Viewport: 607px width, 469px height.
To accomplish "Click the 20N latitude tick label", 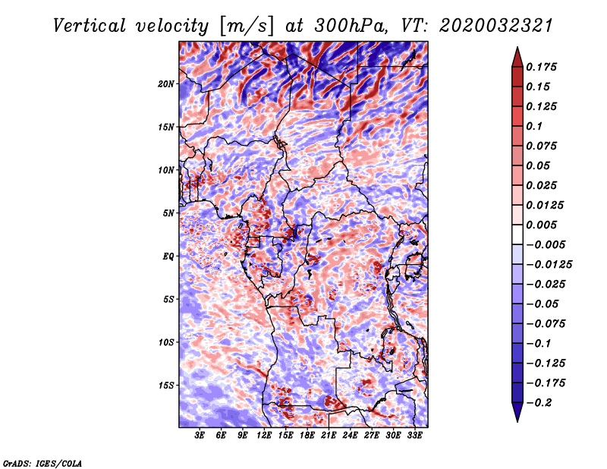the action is pyautogui.click(x=166, y=83).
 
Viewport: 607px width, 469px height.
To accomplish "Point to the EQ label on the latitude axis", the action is pyautogui.click(x=168, y=256).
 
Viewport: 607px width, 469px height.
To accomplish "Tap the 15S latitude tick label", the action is pyautogui.click(x=166, y=386).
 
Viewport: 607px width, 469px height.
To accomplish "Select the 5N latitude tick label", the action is pyautogui.click(x=168, y=213).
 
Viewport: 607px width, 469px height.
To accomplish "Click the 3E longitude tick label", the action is pyautogui.click(x=200, y=436).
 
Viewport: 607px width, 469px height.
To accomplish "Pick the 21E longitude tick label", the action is pyautogui.click(x=329, y=436).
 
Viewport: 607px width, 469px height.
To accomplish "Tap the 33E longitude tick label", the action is pyautogui.click(x=414, y=436).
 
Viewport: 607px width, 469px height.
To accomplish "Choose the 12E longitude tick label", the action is pyautogui.click(x=263, y=436).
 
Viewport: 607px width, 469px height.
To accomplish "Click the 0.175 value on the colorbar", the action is pyautogui.click(x=541, y=67).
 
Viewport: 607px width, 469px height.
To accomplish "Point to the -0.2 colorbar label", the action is pyautogui.click(x=539, y=403).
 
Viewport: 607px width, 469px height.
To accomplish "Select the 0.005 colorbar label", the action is pyautogui.click(x=541, y=225).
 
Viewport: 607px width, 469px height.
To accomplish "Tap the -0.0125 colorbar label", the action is pyautogui.click(x=549, y=265).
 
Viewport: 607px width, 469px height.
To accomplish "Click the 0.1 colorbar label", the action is pyautogui.click(x=534, y=126).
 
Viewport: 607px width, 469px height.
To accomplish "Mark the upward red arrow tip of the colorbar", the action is pyautogui.click(x=517, y=47).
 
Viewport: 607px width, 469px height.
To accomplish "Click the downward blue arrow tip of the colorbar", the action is pyautogui.click(x=517, y=421).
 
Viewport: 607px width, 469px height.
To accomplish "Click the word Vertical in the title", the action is pyautogui.click(x=90, y=26).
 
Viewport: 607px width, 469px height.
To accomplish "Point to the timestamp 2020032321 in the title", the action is pyautogui.click(x=496, y=26).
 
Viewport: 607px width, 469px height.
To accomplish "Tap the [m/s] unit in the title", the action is pyautogui.click(x=247, y=26).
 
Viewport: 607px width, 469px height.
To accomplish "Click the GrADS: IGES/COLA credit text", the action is pyautogui.click(x=42, y=463).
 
